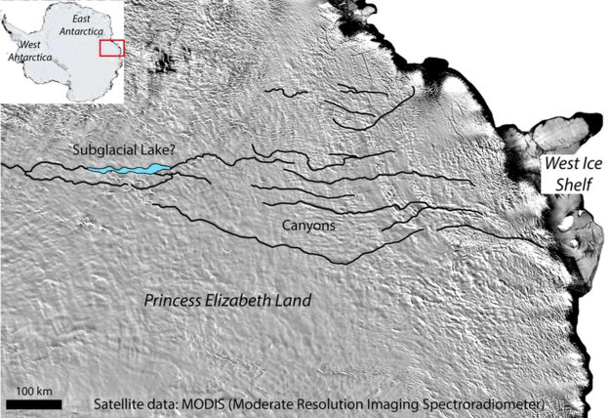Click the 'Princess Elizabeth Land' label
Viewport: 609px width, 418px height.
coord(227,301)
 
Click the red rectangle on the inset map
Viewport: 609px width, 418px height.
coord(111,48)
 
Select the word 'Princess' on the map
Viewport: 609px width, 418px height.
coord(171,301)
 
